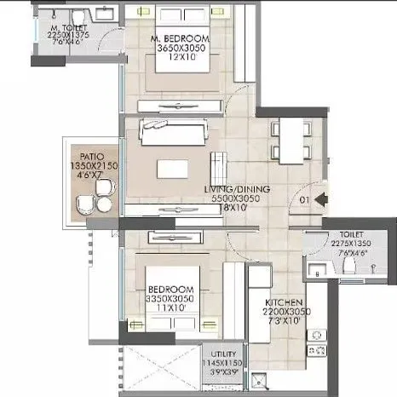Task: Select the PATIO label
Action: pos(91,156)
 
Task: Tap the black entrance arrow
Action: pos(321,200)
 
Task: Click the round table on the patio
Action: pos(103,204)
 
